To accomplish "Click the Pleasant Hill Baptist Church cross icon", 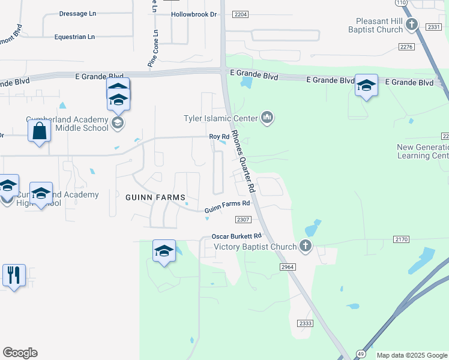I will coord(411,24).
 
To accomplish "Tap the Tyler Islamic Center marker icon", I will coord(267,118).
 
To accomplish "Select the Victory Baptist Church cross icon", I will coord(306,245).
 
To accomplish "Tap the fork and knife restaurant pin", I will coord(14,275).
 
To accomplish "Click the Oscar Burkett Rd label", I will coord(237,236).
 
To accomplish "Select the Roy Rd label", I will coord(219,137).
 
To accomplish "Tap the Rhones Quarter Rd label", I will coord(244,162).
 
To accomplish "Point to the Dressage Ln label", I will coord(77,13).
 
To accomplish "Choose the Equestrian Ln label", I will coord(74,37).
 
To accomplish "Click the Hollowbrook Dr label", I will coord(193,14).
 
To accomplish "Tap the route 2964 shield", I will coord(288,266).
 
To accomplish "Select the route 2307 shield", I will coord(243,220).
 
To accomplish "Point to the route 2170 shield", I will coord(402,239).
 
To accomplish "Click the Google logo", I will coord(20,353).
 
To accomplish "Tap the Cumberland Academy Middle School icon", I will coord(118,123).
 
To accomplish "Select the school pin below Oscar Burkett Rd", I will coord(164,250).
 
